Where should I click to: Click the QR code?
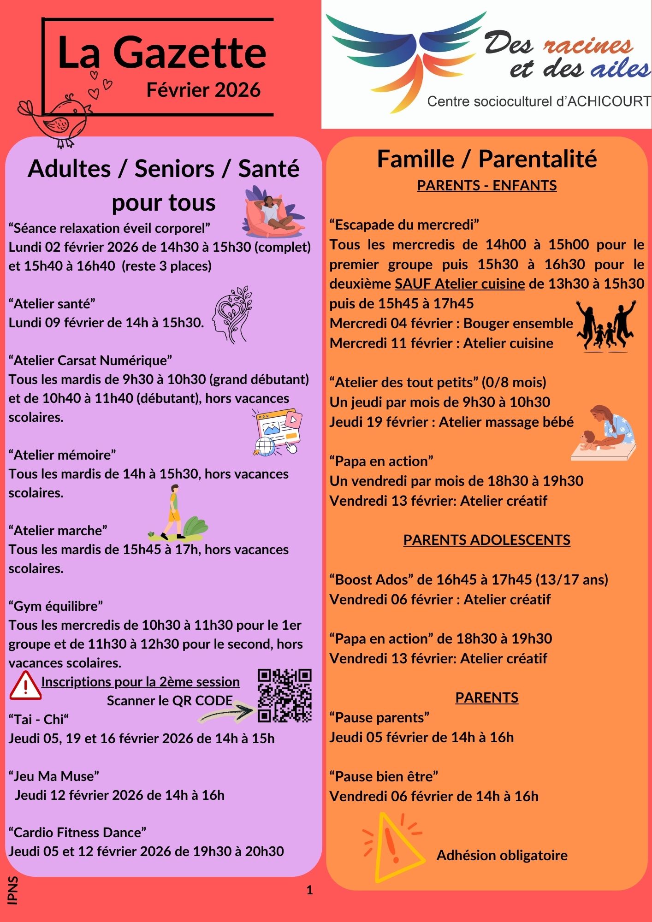(x=285, y=696)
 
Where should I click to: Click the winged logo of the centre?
(x=406, y=60)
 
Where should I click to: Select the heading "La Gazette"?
(x=162, y=53)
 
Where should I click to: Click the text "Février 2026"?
(x=203, y=90)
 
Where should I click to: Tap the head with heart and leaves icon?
(x=232, y=314)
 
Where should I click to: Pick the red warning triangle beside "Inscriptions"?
(x=25, y=686)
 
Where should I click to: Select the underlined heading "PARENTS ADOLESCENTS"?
(x=486, y=540)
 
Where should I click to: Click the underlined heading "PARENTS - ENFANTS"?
(x=486, y=185)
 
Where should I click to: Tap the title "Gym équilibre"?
(x=56, y=606)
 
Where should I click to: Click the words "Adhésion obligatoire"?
(x=502, y=856)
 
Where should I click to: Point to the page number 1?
(x=309, y=890)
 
